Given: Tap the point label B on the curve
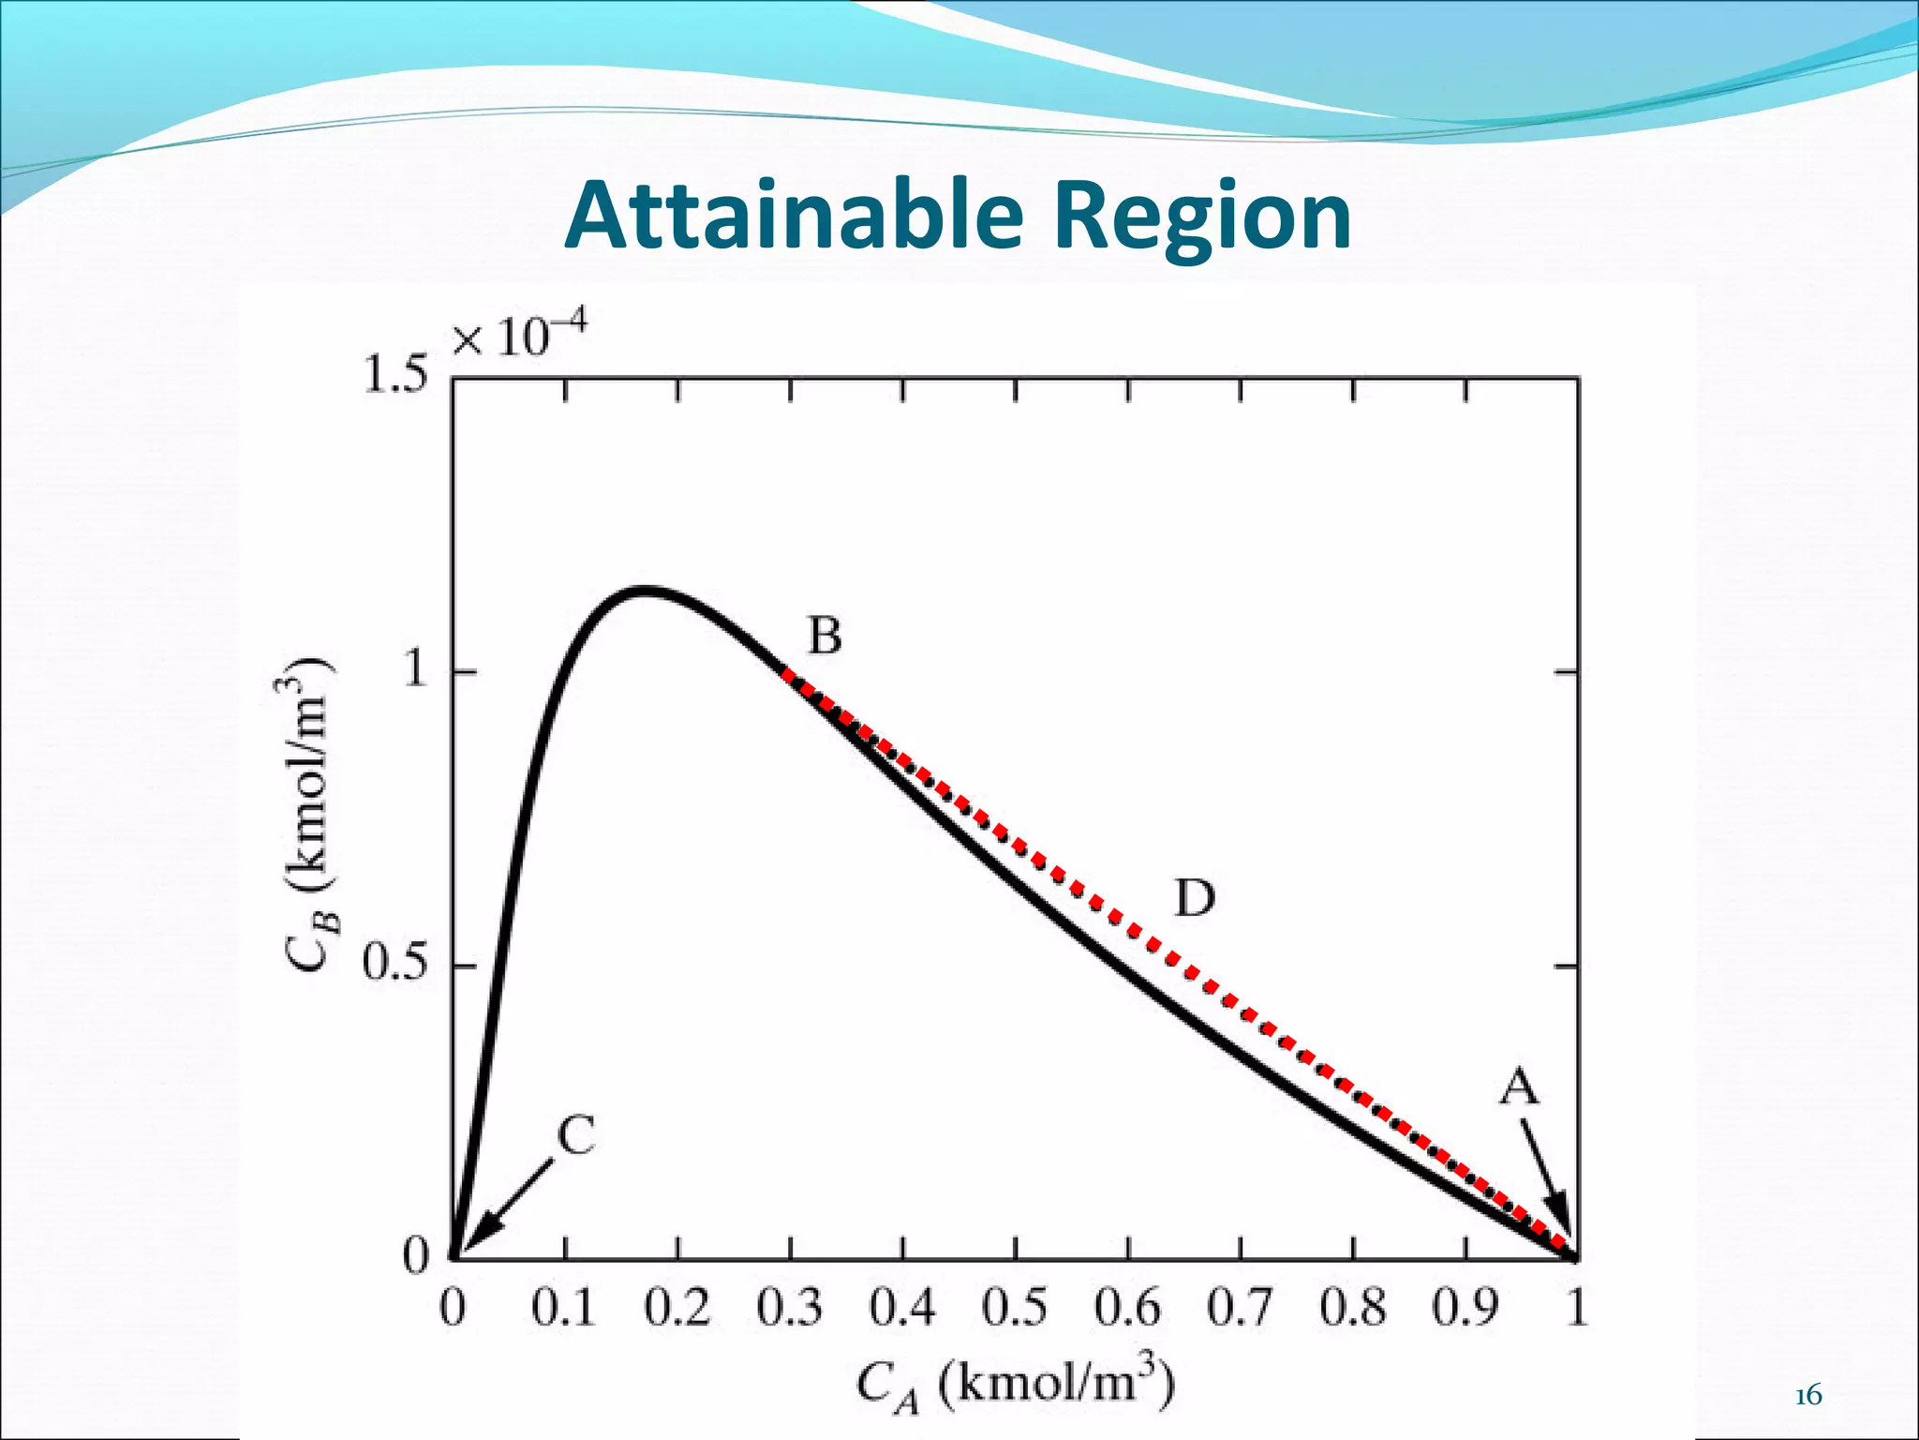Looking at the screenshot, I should click(825, 637).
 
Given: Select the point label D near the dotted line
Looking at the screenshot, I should click(1195, 899).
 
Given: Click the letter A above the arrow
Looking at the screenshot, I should click(1519, 1088).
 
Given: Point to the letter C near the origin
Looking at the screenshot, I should click(576, 1136).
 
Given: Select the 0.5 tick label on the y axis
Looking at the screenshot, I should click(394, 965).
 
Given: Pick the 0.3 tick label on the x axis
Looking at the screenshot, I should click(790, 1307).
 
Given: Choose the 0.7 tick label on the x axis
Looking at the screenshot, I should click(1241, 1307).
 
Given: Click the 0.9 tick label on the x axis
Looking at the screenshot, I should click(1465, 1307).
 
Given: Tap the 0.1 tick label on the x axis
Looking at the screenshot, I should click(564, 1307).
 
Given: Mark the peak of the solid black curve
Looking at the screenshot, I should click(645, 591).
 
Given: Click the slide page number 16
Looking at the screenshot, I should click(1808, 1396).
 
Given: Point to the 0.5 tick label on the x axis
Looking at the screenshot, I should click(1015, 1307).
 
